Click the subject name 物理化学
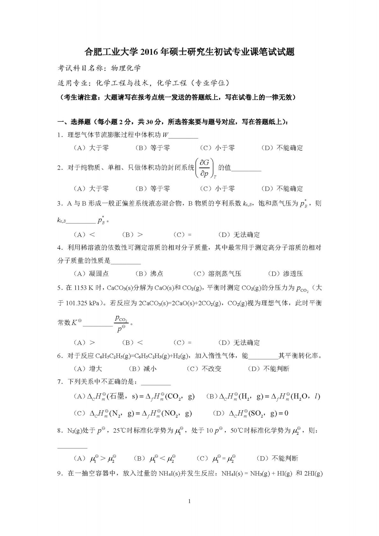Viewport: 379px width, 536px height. tap(126, 68)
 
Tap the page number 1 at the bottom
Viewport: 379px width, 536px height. tap(190, 502)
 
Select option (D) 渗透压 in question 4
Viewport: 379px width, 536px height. tap(285, 274)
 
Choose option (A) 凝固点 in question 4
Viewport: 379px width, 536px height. tap(91, 274)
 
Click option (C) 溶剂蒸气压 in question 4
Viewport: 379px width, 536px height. tap(217, 274)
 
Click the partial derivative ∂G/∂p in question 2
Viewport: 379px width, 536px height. tap(204, 169)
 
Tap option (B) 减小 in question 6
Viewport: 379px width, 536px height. tap(142, 369)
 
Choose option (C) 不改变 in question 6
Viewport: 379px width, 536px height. tap(204, 369)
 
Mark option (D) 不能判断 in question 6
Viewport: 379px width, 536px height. tap(269, 369)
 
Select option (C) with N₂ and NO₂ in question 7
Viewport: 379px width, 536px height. tap(133, 413)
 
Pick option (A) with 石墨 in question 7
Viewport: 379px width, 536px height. tap(134, 397)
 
